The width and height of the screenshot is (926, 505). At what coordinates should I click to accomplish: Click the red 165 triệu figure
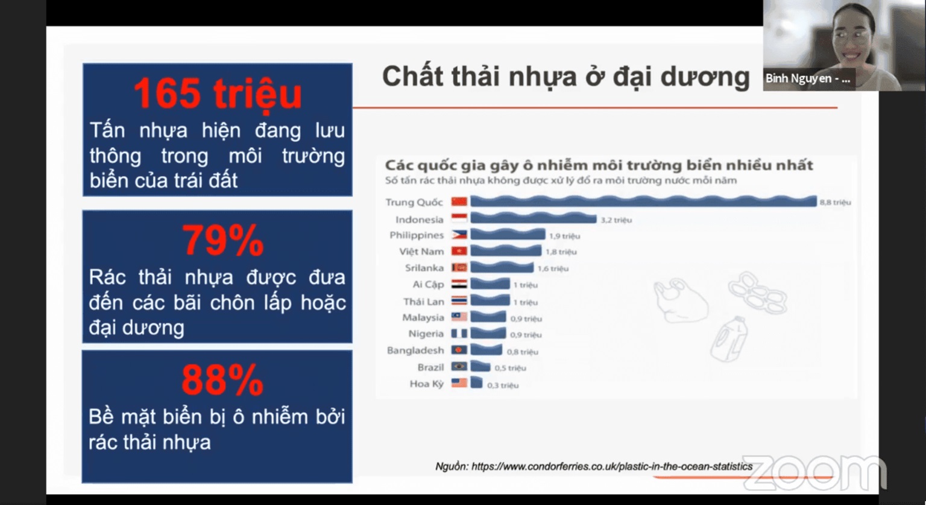[217, 94]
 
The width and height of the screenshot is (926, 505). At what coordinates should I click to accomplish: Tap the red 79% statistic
[222, 240]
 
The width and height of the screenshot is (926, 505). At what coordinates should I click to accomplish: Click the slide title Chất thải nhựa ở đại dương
[565, 77]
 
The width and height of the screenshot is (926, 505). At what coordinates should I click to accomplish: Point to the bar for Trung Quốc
[643, 202]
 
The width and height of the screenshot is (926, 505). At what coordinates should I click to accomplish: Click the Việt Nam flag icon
[459, 251]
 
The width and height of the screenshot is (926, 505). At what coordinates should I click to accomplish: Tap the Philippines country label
[417, 235]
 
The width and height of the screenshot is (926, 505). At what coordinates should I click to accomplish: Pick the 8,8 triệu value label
[835, 202]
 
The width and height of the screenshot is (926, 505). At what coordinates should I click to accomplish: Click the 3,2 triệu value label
[616, 220]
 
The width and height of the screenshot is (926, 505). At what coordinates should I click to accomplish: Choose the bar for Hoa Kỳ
[476, 383]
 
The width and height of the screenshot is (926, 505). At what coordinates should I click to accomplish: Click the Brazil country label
[430, 367]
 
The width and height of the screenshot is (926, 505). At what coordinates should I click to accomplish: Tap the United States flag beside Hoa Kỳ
[459, 383]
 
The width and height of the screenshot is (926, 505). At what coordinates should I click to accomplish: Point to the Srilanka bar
[502, 267]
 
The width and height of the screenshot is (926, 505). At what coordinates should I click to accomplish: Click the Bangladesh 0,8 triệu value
[522, 352]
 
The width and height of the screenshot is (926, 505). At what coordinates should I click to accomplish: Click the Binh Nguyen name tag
[808, 78]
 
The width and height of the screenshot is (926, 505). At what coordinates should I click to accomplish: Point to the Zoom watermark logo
[814, 472]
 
